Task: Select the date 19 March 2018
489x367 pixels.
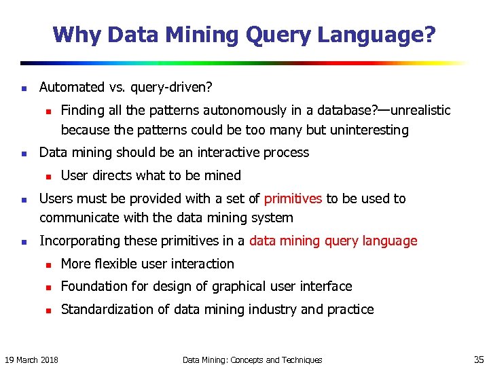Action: click(31, 360)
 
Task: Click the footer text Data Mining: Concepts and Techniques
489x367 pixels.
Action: click(252, 360)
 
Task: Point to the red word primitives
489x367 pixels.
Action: click(293, 198)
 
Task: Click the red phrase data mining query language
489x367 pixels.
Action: click(333, 241)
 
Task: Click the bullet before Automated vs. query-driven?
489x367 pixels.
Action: click(23, 88)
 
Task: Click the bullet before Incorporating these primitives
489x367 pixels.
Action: click(23, 241)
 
